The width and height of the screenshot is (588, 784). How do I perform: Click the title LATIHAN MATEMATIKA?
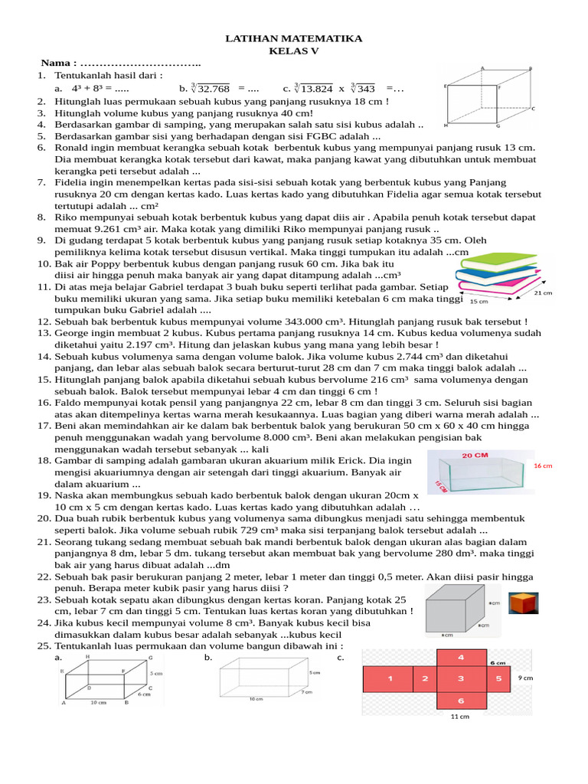(x=294, y=38)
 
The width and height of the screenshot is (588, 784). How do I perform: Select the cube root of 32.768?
(x=211, y=89)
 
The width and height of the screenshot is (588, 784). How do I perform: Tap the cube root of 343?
(x=363, y=89)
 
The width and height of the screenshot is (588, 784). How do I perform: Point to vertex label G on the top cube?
(x=498, y=126)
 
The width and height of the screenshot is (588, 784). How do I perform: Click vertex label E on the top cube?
(x=445, y=87)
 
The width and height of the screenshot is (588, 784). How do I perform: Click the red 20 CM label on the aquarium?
(x=475, y=455)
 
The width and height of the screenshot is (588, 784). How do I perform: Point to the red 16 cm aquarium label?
(x=542, y=465)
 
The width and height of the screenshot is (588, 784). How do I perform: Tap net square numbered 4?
(x=460, y=658)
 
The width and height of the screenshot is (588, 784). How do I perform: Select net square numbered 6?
(x=460, y=701)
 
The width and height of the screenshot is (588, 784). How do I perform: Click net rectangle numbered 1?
(x=390, y=678)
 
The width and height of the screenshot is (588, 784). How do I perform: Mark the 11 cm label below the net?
(x=459, y=717)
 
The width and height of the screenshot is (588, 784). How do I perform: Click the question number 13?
(x=43, y=334)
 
